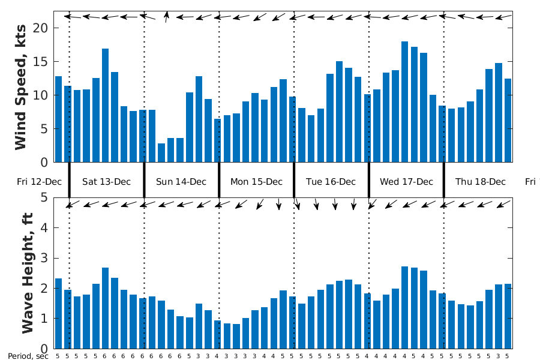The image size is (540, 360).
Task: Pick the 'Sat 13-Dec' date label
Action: pos(106,182)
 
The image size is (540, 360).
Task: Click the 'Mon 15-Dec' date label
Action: pos(256,182)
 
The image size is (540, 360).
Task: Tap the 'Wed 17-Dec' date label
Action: pos(406,182)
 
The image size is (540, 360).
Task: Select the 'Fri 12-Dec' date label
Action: pos(39,182)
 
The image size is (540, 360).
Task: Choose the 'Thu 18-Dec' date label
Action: pos(480,182)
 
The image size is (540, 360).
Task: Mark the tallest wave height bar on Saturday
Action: pos(105,308)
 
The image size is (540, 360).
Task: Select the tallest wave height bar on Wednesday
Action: pos(404,307)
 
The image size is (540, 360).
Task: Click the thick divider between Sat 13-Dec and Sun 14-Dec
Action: pos(144,180)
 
